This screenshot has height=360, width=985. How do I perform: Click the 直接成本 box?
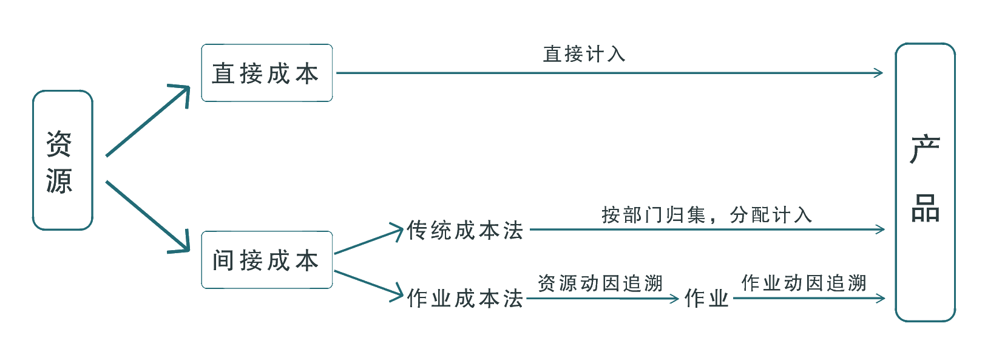pos(266,73)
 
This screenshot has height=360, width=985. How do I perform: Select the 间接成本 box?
pos(266,260)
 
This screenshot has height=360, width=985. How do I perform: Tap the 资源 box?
pos(62,160)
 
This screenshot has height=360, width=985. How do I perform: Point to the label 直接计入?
pos(584,54)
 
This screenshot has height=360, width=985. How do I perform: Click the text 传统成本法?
pos(465,231)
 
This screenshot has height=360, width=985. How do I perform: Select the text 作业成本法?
pos(465,298)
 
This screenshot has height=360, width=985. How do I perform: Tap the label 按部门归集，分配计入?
pos(706,215)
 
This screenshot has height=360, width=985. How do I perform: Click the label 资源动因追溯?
pos(600,284)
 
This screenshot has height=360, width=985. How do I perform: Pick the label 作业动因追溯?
pos(804,283)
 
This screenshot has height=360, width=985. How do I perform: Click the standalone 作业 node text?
pos(706,298)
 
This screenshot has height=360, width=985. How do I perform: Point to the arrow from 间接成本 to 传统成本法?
pos(368,241)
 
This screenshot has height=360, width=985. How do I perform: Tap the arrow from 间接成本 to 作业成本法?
pos(368,284)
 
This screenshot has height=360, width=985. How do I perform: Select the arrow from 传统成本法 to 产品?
pos(707,229)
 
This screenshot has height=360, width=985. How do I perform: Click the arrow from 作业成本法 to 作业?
pos(602,298)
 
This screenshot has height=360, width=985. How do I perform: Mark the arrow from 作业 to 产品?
pos(808,298)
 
